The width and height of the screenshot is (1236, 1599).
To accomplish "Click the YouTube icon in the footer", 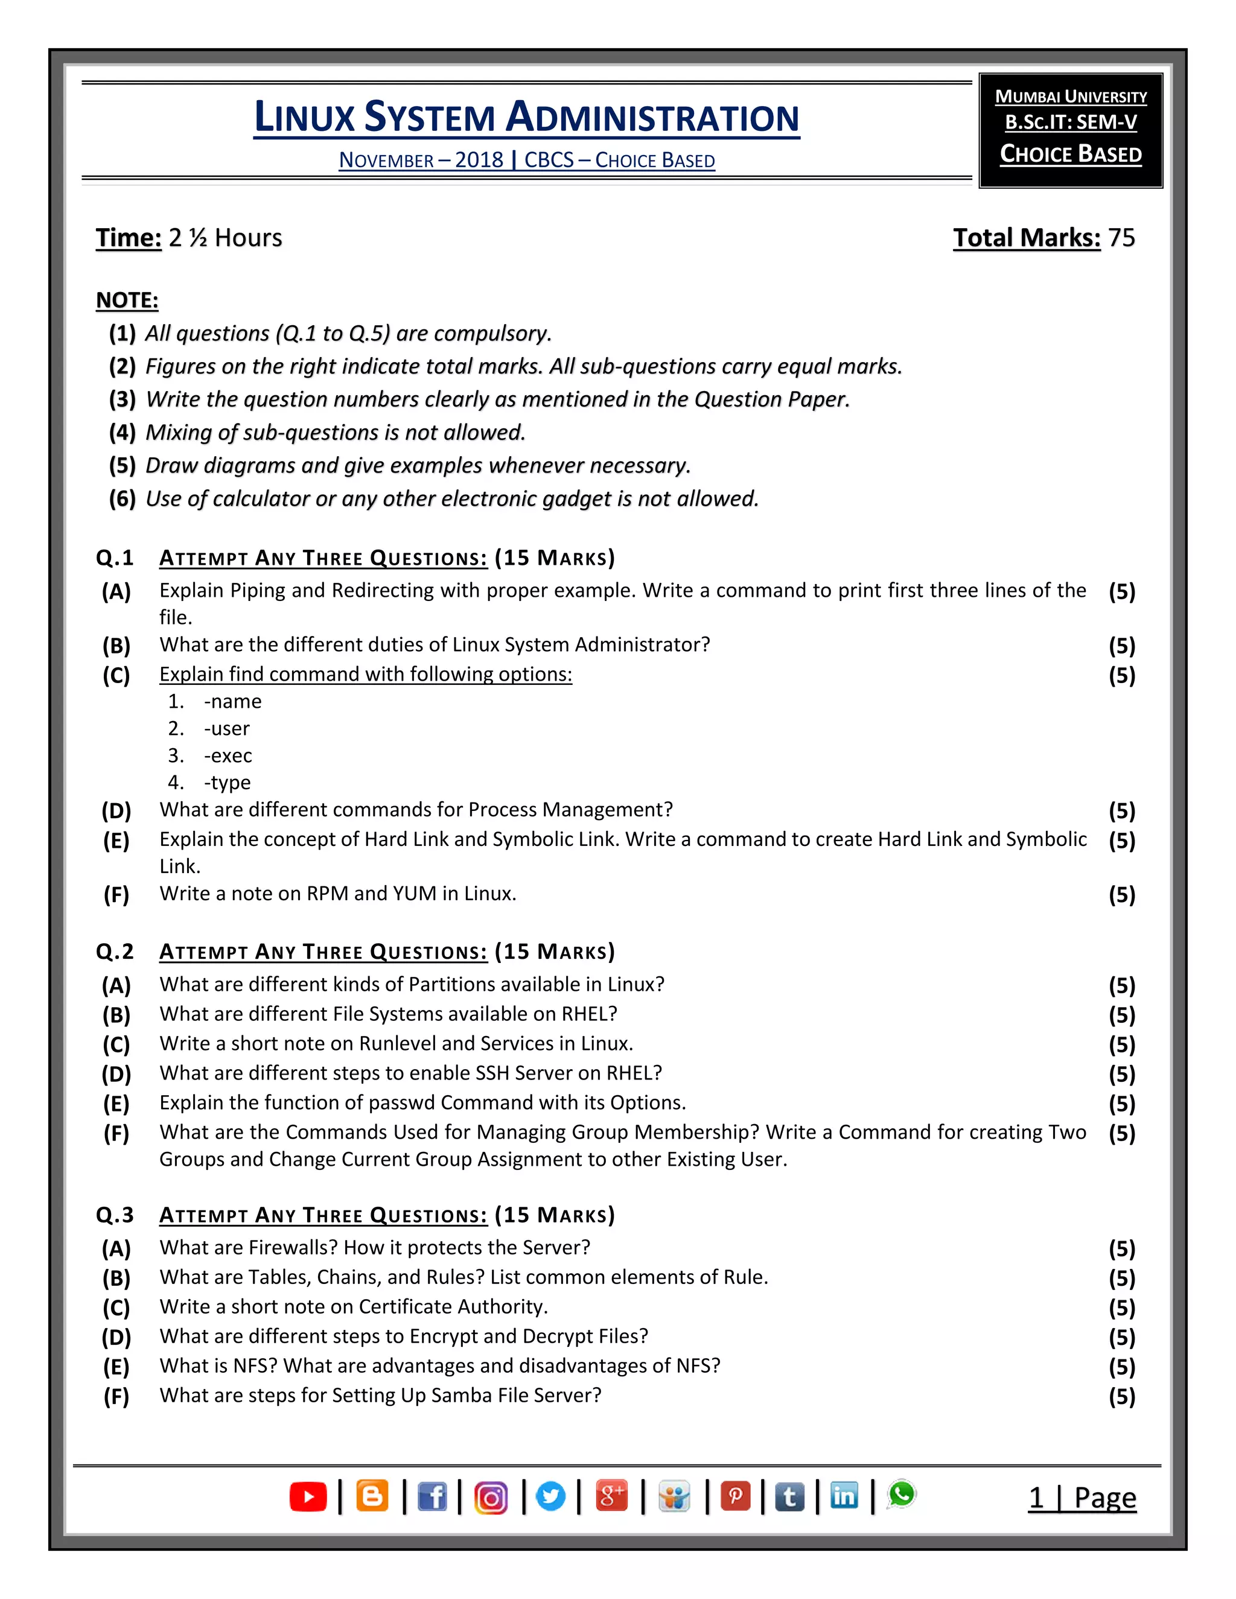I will (x=308, y=1496).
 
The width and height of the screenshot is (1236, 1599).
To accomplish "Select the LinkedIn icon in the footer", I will (x=844, y=1496).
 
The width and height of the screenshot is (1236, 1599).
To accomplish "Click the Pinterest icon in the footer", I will (x=735, y=1496).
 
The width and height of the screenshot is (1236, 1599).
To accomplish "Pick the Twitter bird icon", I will (x=550, y=1496).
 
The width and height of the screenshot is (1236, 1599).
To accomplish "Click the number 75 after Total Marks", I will (x=1121, y=238).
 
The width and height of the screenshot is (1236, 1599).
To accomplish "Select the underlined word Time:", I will (x=128, y=238).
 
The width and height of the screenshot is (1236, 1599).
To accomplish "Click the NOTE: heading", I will (x=127, y=300).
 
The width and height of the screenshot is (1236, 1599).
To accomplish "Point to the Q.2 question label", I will (x=115, y=952).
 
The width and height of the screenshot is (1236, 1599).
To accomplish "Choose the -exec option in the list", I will (x=228, y=755).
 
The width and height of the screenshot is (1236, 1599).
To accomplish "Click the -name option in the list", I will (x=232, y=701).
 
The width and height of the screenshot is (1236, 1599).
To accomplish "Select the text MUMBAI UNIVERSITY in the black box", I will (x=1071, y=97).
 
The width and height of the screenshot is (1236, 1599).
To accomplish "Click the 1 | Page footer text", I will (x=1082, y=1498).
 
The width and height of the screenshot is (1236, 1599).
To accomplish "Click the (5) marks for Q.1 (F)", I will (x=1122, y=895).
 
